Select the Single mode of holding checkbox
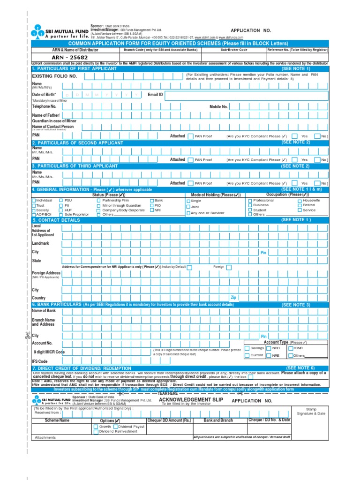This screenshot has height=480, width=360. (188, 201)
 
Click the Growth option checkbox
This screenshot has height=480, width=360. (96, 427)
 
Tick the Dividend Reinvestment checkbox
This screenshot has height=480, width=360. (96, 431)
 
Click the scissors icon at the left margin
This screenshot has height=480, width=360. (27, 335)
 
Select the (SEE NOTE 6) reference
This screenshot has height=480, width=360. (300, 368)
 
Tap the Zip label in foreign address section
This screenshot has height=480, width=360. (233, 297)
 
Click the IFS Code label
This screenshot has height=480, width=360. (40, 361)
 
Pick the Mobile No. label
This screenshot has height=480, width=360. (218, 107)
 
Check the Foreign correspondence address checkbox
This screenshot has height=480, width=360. (229, 267)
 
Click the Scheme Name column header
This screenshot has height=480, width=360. (57, 420)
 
